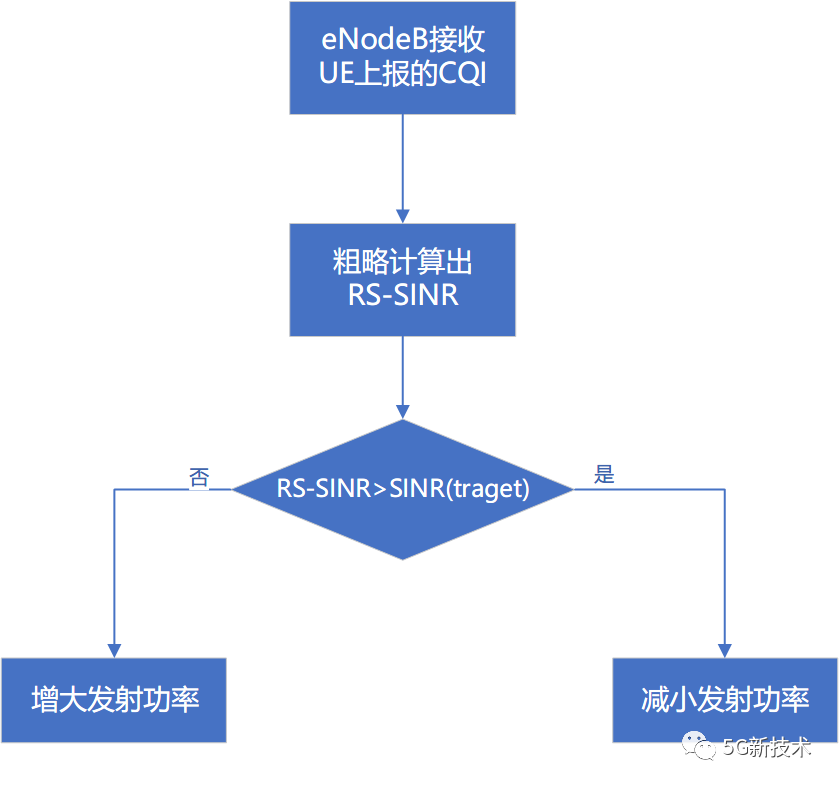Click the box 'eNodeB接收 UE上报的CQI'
402,57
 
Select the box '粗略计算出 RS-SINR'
402,279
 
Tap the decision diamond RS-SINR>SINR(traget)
402,489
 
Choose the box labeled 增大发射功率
114,699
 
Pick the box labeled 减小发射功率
724,699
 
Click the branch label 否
199,478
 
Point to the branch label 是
604,474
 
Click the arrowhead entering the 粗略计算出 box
402,215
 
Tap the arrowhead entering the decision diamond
402,411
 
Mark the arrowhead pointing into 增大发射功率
115,650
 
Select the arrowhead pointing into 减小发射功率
725,650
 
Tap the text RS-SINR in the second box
402,295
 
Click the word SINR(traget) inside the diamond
459,490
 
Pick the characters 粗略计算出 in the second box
402,263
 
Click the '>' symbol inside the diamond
379,490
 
